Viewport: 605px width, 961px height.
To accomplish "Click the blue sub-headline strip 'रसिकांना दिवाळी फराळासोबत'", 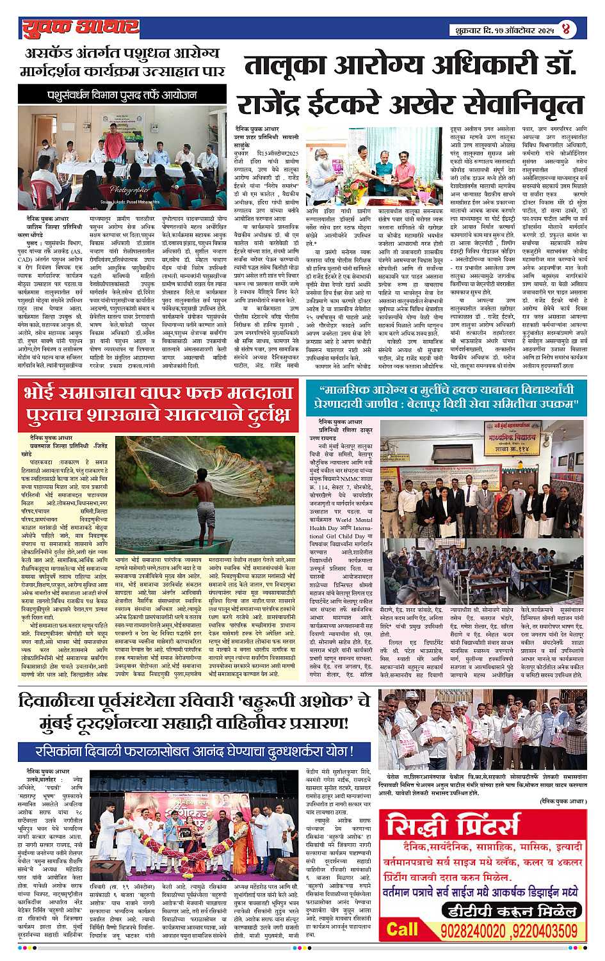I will point(194,750).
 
